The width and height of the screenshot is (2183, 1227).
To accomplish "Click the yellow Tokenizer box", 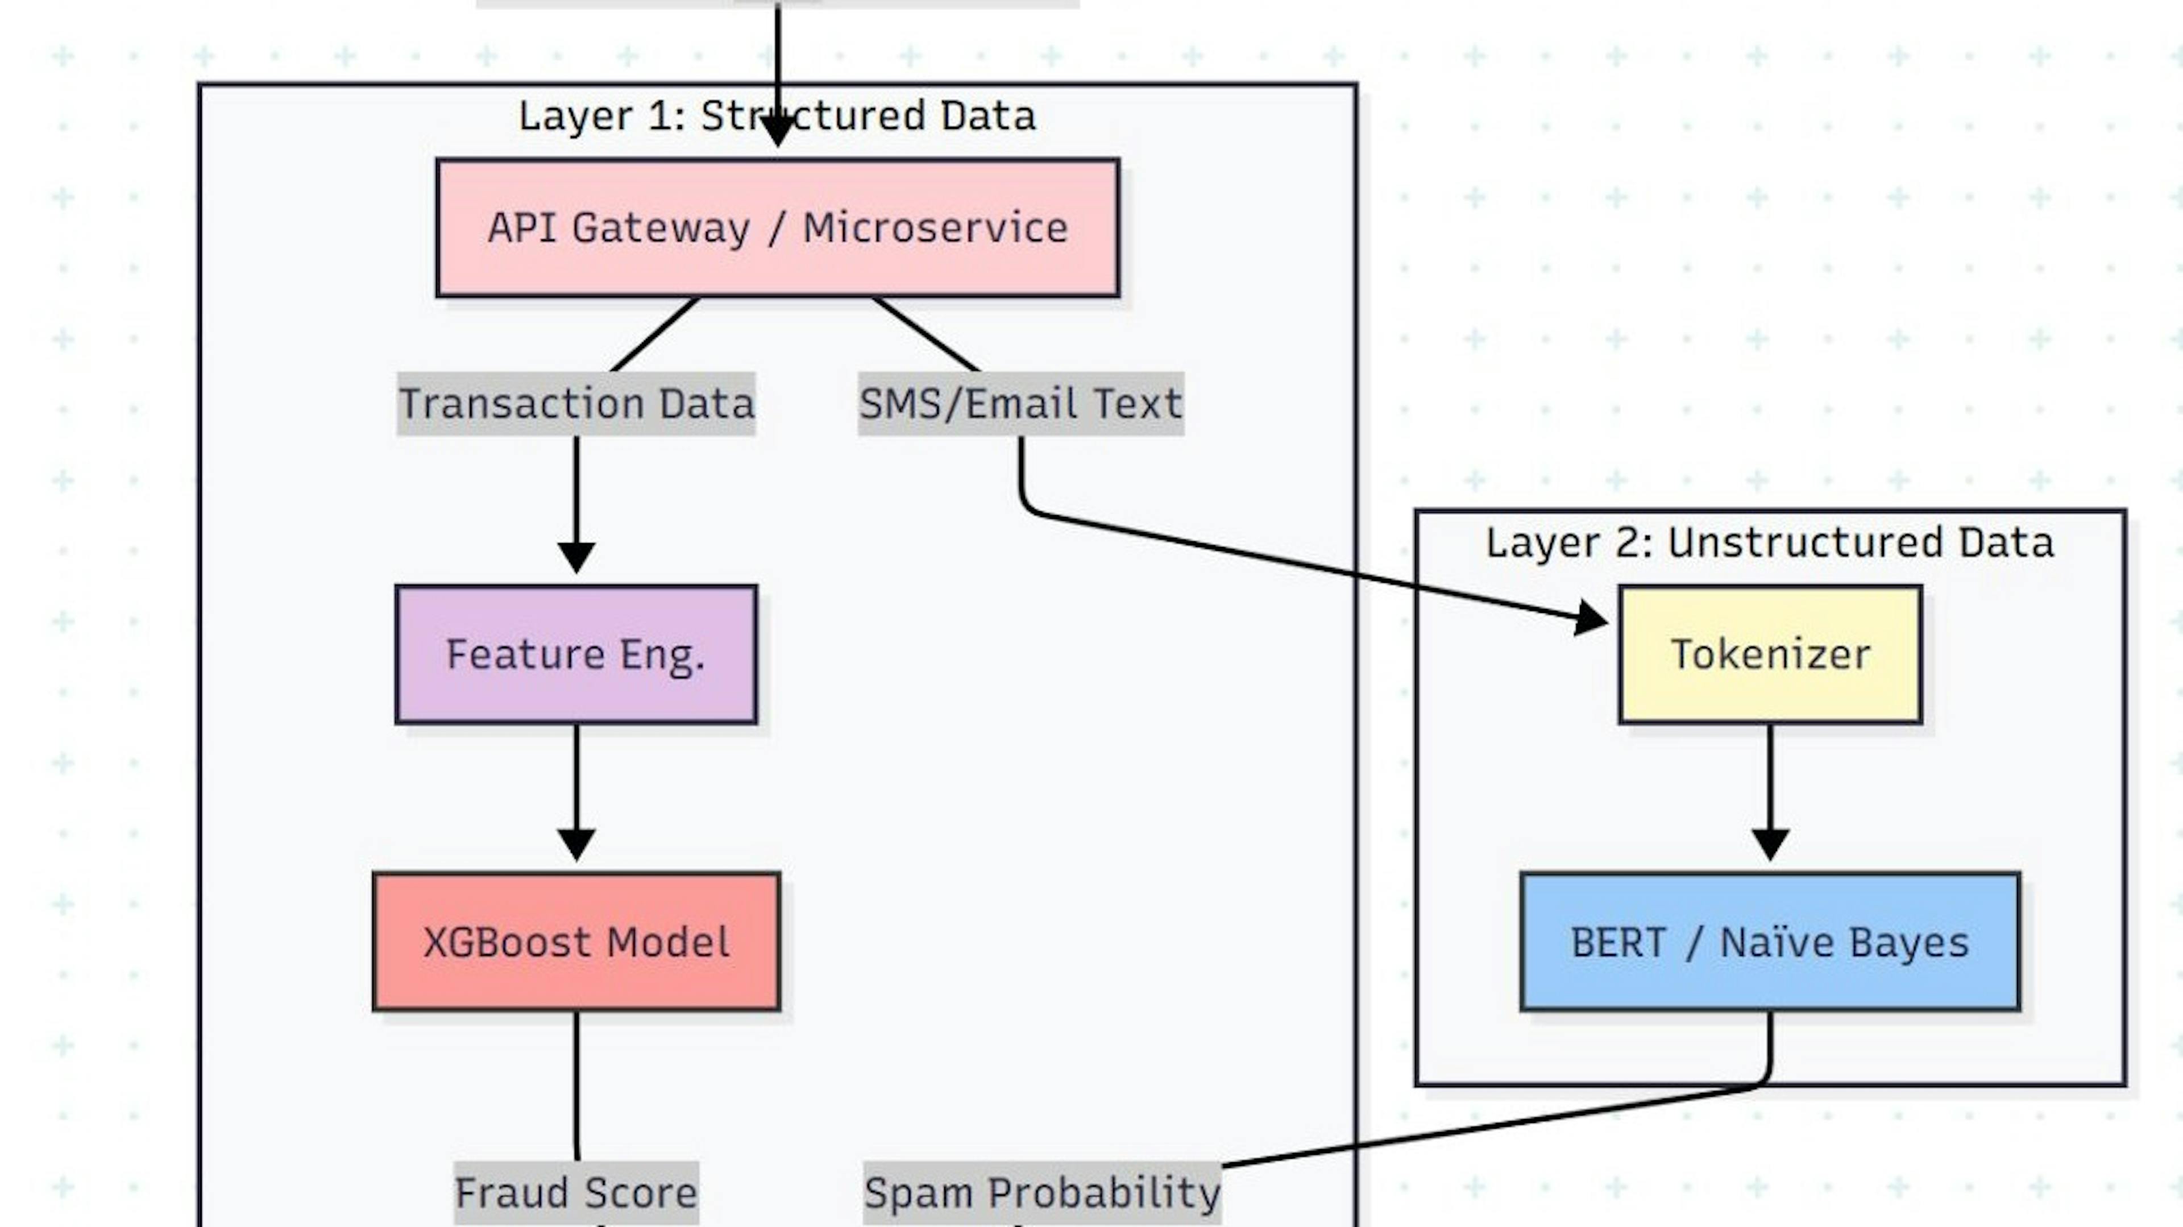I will pos(1770,654).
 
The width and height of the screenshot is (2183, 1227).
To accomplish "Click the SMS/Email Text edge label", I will pos(1020,403).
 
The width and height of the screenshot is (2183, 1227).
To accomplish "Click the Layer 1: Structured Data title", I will pos(777,116).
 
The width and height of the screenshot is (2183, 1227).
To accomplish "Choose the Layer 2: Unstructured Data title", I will pos(1770,542).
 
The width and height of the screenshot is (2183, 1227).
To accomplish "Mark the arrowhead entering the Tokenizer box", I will pos(1592,617).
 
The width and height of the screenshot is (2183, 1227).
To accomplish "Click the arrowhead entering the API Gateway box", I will pos(777,132).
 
